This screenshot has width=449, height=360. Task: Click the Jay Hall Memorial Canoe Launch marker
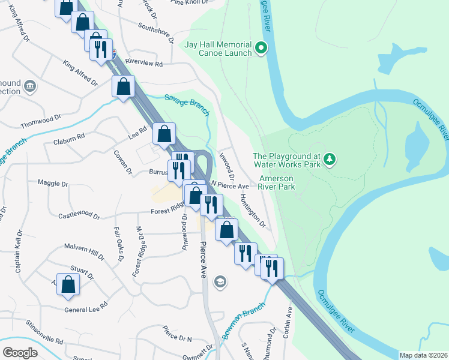pos(261,47)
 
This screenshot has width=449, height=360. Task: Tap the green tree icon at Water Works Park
pos(329,159)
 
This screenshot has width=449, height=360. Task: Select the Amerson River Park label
pos(277,183)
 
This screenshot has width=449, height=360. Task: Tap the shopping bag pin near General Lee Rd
pos(68,285)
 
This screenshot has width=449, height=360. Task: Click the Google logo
pos(20,352)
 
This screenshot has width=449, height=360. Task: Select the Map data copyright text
pos(423,355)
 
